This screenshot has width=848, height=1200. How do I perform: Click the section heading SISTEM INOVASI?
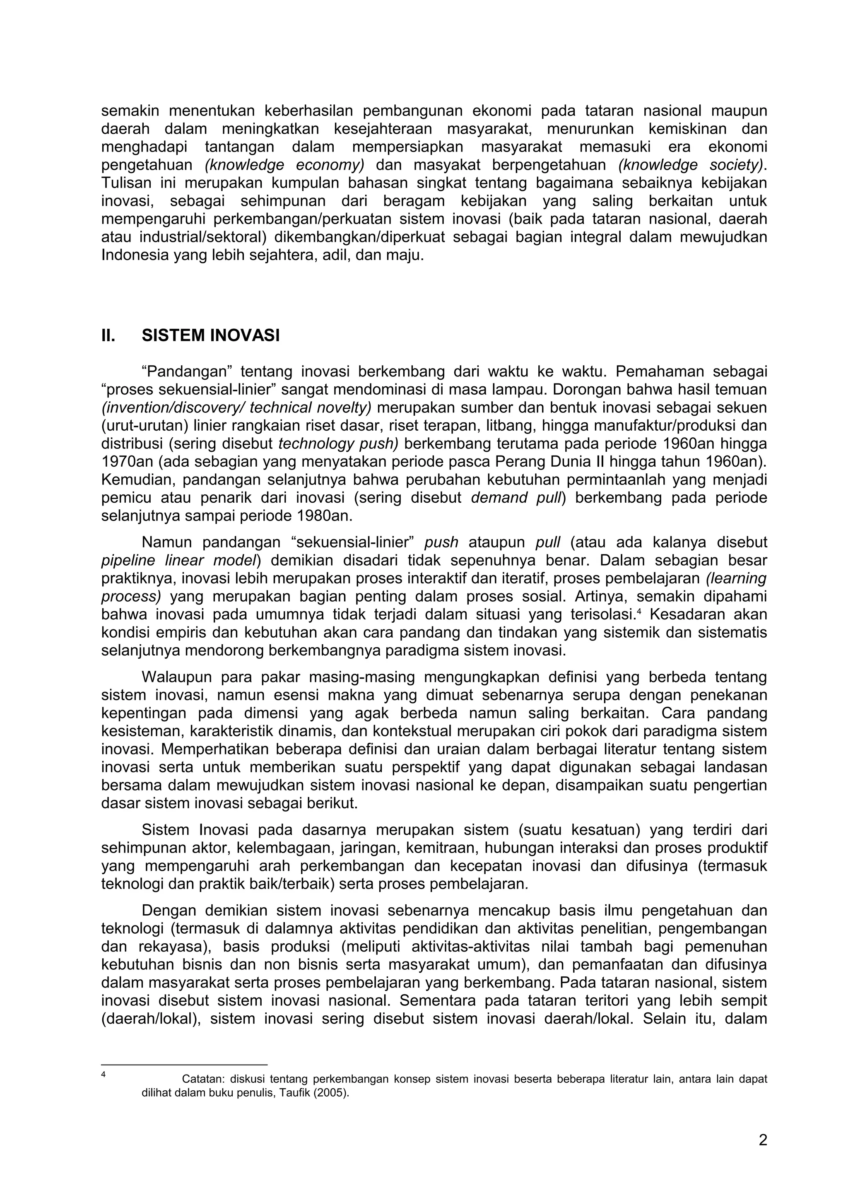coord(211,335)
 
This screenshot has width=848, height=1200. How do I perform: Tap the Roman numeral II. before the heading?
coord(108,335)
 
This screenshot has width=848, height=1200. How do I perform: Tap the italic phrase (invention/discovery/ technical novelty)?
coord(236,408)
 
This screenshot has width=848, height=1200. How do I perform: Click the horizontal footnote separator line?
coord(184,1064)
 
